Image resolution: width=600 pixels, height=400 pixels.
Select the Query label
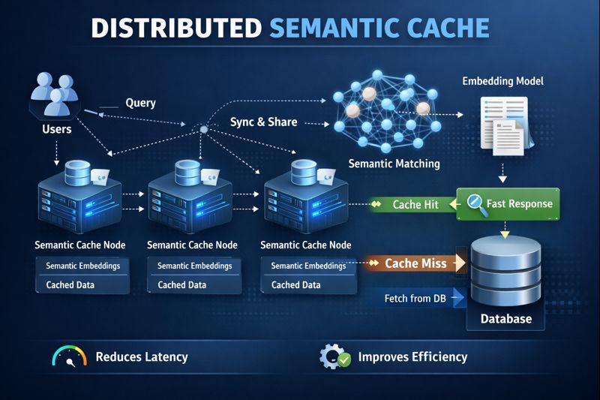(140, 103)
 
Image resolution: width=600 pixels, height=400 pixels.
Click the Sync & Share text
(263, 122)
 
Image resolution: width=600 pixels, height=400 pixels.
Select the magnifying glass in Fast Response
(475, 203)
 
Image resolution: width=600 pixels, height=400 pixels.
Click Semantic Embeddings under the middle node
(194, 266)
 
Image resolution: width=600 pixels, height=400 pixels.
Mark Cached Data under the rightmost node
(295, 285)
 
